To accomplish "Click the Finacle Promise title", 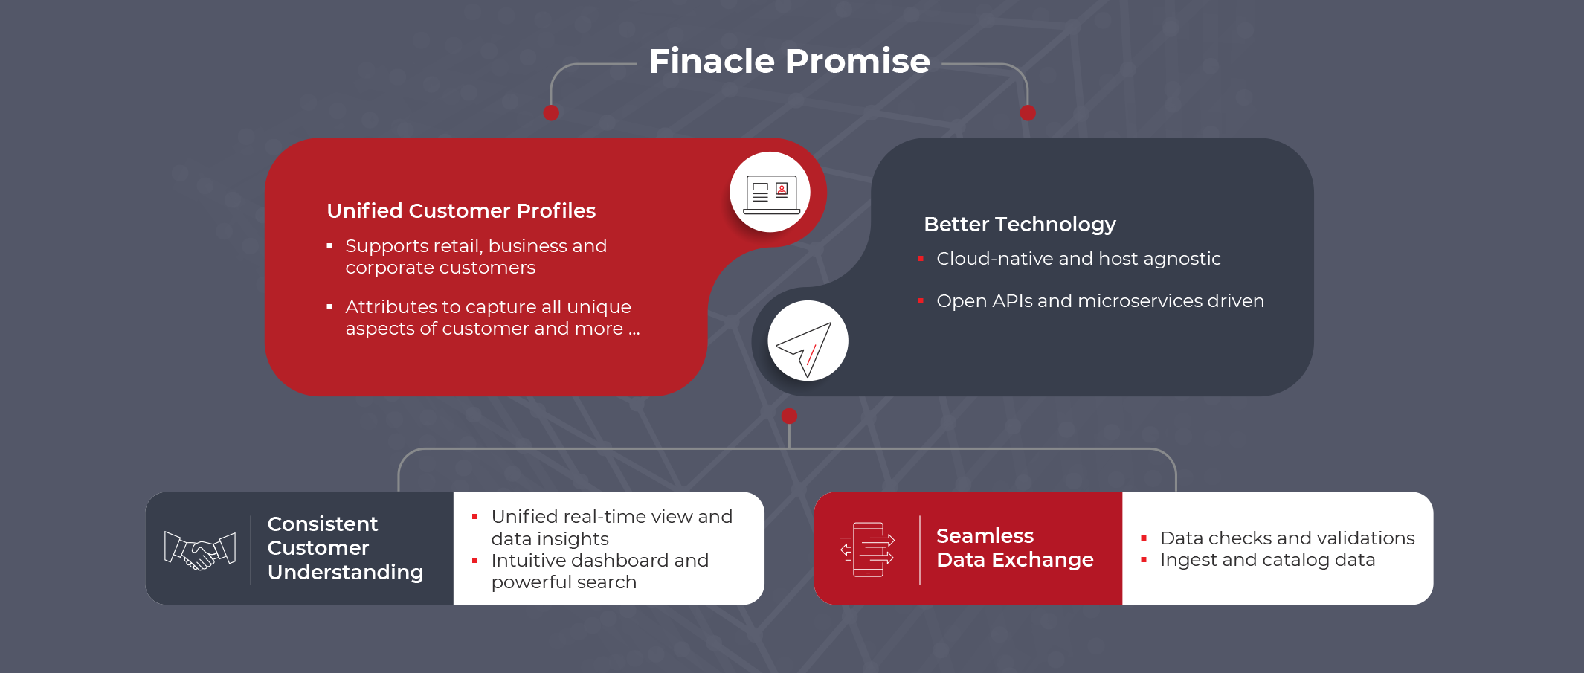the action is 789,61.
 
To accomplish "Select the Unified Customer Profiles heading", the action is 461,211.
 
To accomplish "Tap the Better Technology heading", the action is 1020,225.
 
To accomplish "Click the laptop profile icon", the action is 771,193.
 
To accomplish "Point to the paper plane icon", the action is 805,347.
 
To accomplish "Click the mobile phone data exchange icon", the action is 867,550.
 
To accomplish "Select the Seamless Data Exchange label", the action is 1014,547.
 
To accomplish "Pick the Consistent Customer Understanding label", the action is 345,548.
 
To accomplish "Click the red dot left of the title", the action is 551,113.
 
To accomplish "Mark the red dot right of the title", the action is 1028,113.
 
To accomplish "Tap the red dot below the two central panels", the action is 790,416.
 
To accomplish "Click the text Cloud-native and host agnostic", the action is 1078,259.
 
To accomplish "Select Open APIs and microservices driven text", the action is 1100,301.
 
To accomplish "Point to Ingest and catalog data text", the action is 1267,560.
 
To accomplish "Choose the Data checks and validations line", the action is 1287,538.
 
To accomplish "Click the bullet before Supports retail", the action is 329,246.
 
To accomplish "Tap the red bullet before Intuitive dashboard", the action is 474,560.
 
